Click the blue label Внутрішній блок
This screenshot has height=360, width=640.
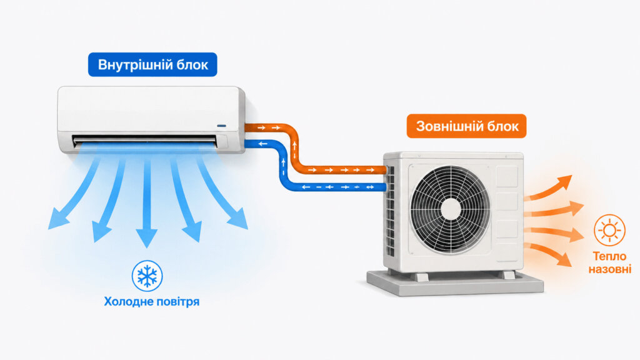pos(152,64)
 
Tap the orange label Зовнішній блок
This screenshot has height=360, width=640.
pos(466,126)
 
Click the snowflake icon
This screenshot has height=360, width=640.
pos(147,276)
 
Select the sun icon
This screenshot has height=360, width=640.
pos(609,230)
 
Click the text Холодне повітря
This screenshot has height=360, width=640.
pos(151,302)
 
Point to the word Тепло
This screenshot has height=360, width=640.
pos(609,256)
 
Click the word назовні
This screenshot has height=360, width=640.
pos(610,269)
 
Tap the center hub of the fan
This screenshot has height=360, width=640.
pos(451,209)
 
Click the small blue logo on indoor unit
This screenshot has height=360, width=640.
pos(222,126)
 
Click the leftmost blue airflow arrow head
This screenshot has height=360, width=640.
pos(58,219)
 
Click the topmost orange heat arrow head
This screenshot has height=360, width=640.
pos(564,182)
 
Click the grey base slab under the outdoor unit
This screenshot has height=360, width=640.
pos(455,282)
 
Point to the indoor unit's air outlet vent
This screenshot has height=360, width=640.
pos(145,141)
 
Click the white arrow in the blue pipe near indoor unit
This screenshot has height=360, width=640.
pos(262,144)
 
